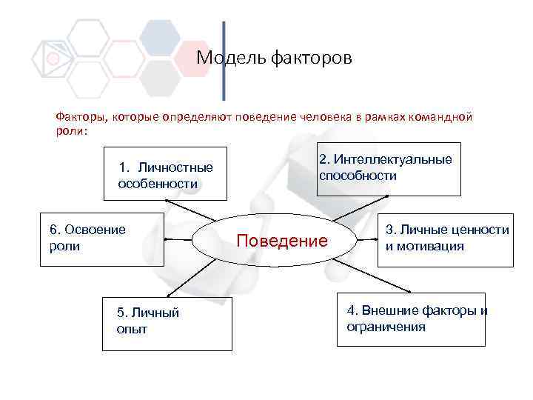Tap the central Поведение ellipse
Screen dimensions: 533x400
281,241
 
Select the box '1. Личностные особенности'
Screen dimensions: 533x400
164,176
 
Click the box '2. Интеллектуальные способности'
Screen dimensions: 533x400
388,168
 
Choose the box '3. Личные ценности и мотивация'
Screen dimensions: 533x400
446,239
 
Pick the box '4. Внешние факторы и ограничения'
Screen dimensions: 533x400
411,319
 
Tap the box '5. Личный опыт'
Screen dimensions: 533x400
167,323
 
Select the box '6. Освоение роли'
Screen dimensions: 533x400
102,238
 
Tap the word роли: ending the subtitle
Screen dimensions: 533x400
71,130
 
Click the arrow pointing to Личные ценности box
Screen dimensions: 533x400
368,239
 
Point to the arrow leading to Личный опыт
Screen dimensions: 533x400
198,278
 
